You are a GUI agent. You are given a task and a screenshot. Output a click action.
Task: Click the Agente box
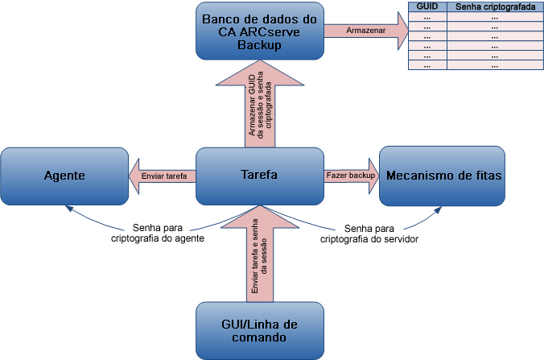coord(64,175)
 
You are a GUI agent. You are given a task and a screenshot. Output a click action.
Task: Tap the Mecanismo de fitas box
coord(442,175)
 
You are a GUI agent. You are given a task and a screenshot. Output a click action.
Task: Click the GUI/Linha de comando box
coord(260,330)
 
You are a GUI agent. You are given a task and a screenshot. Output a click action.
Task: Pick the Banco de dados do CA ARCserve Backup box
coord(260,31)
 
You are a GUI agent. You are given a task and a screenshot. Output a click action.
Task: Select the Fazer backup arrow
coord(350,175)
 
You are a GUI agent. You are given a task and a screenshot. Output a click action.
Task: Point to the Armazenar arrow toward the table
coord(366,31)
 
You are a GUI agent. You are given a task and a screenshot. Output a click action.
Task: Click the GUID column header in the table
coord(427,6)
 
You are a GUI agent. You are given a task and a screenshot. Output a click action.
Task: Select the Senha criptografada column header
coord(494,6)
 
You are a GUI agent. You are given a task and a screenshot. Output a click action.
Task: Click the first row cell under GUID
coord(427,16)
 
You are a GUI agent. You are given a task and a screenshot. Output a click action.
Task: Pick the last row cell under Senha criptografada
coord(494,65)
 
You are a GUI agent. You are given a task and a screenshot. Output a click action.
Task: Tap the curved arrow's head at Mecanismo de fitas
coord(440,207)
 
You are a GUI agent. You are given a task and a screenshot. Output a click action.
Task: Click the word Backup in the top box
coord(260,46)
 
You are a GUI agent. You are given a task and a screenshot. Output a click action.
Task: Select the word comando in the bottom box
coord(260,338)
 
